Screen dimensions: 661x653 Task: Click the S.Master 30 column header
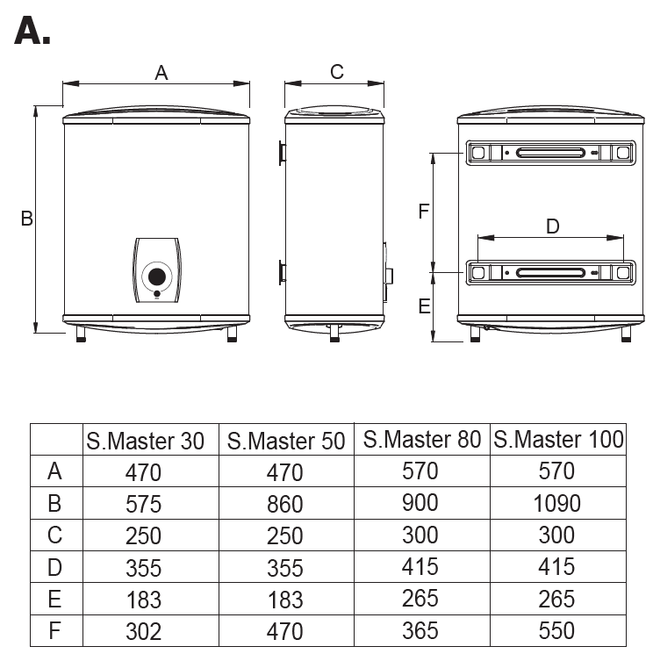pos(145,440)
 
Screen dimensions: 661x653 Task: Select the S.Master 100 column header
pos(558,439)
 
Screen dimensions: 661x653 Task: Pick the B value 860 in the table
pos(284,504)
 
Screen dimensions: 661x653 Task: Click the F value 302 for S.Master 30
pos(144,631)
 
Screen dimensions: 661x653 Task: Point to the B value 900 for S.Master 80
pos(420,503)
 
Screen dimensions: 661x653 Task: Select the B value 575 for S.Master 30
pos(144,504)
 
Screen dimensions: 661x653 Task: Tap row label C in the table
pos(55,535)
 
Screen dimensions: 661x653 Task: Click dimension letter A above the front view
pos(161,74)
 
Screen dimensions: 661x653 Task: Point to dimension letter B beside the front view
pos(26,219)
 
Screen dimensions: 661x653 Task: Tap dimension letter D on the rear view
pos(552,226)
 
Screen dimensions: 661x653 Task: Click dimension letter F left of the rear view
pos(423,212)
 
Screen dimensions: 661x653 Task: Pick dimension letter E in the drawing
pos(423,306)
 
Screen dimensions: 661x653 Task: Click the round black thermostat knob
pos(157,277)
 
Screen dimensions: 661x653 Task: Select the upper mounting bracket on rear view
pos(550,153)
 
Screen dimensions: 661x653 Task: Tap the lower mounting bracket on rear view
pos(550,273)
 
